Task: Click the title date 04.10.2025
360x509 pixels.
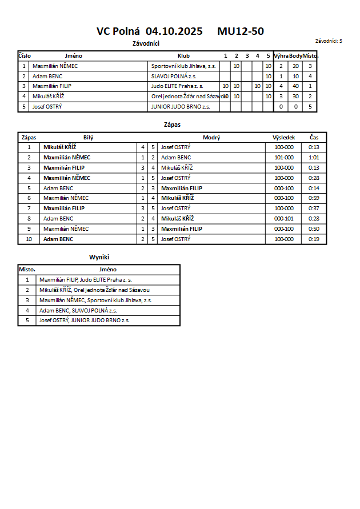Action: coord(174,31)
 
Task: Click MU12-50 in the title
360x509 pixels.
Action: coord(240,31)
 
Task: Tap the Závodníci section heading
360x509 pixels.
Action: coord(145,43)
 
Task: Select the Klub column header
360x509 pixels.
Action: coord(183,56)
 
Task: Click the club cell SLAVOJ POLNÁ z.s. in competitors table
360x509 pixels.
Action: coord(173,76)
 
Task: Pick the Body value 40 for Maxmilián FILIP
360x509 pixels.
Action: coord(295,86)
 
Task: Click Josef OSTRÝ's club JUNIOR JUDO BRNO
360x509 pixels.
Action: coord(181,107)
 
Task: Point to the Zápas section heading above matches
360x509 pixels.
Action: coord(172,124)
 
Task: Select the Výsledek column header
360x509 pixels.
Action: coord(283,138)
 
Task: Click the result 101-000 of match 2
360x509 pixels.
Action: coord(283,158)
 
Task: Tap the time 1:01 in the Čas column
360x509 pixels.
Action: coord(314,158)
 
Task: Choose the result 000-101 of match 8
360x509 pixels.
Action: coord(283,219)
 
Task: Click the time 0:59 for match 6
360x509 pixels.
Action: coord(314,198)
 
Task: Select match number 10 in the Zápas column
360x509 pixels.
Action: coord(29,239)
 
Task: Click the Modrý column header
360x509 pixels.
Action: coord(211,138)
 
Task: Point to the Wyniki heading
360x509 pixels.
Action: coord(99,258)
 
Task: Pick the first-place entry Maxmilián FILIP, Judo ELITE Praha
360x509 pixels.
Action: coord(86,280)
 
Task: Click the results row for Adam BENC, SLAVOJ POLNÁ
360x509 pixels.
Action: coord(78,310)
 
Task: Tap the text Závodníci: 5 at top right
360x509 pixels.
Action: coord(329,41)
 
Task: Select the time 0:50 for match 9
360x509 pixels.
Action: coord(314,229)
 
